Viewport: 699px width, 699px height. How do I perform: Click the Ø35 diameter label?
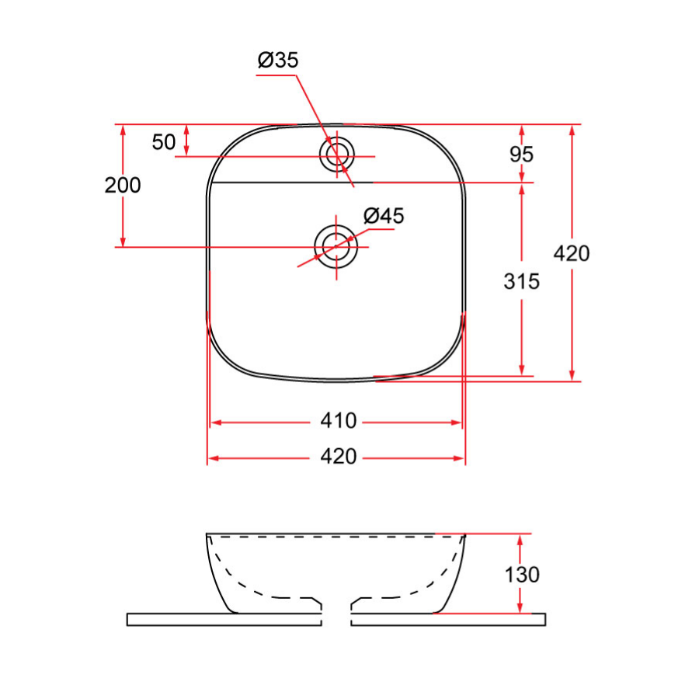[x=278, y=61]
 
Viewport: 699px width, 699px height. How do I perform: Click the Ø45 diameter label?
[x=384, y=216]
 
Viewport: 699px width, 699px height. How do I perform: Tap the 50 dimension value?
[x=164, y=142]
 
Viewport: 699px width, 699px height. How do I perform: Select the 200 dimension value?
[x=123, y=186]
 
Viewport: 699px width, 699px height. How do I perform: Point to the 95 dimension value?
[x=521, y=154]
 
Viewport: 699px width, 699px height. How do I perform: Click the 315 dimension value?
[x=521, y=281]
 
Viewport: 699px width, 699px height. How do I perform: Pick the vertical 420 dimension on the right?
[x=572, y=253]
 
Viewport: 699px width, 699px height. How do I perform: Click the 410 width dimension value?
[x=339, y=422]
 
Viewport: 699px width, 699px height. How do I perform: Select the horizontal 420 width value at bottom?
[x=339, y=457]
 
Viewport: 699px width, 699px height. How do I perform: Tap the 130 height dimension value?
[x=521, y=575]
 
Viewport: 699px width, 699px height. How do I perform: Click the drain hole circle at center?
[x=336, y=245]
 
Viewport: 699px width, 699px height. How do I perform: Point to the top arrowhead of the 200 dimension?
[x=123, y=130]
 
